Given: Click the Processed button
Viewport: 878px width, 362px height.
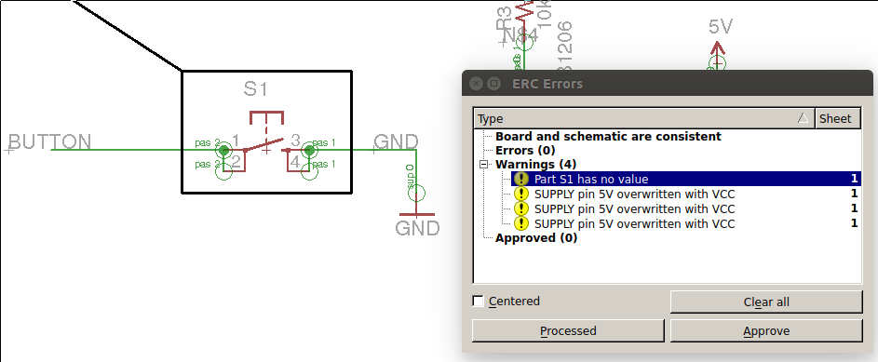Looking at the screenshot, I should [568, 330].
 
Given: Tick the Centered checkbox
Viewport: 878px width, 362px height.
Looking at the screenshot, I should [479, 302].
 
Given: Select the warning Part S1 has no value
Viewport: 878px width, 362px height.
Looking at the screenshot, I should [591, 179].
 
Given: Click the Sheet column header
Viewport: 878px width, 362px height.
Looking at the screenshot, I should [835, 118].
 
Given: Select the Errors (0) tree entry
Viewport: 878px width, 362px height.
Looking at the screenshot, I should [525, 150].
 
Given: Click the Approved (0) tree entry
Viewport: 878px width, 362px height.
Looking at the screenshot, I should [535, 237].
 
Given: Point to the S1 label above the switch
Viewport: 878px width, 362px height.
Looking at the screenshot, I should [256, 89].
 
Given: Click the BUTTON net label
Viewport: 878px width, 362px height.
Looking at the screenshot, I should [50, 142].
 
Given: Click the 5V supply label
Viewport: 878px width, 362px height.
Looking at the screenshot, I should [721, 27].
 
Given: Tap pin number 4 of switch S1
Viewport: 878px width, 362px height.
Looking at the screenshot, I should [295, 163].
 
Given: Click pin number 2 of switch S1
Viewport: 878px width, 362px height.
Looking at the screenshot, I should [236, 162].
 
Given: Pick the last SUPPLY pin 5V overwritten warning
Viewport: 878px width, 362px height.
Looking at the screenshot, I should [634, 223].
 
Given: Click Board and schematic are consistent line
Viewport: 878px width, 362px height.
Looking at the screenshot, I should [607, 136].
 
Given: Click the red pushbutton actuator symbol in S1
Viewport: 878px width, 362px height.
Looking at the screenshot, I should [267, 119].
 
